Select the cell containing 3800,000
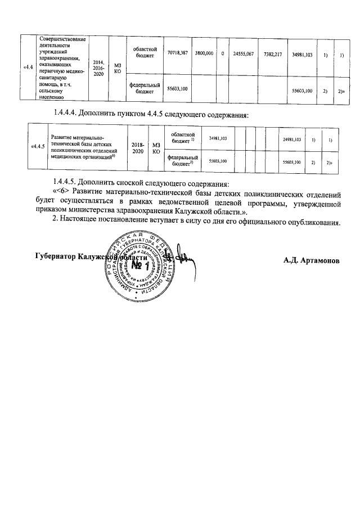coord(204,53)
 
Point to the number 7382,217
coord(272,53)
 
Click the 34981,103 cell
coord(303,53)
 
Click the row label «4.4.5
coord(38,146)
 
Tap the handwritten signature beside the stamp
coord(183,256)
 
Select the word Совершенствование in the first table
coord(63,39)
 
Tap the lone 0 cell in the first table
coord(223,53)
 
